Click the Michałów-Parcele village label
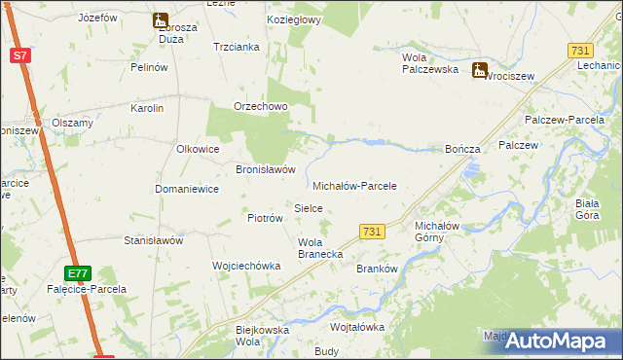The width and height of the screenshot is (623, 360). click(x=354, y=185)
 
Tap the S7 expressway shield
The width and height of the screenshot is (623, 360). click(x=20, y=55)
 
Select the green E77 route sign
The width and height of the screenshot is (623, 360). click(x=79, y=273)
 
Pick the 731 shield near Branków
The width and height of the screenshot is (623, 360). click(x=371, y=231)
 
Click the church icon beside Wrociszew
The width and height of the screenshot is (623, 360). click(x=479, y=70)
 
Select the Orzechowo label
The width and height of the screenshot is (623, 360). click(x=260, y=107)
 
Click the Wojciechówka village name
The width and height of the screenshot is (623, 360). click(x=246, y=265)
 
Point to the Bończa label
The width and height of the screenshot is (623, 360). click(x=462, y=149)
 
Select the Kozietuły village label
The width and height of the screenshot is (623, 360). click(x=292, y=19)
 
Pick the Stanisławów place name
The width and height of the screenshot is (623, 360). click(x=153, y=239)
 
